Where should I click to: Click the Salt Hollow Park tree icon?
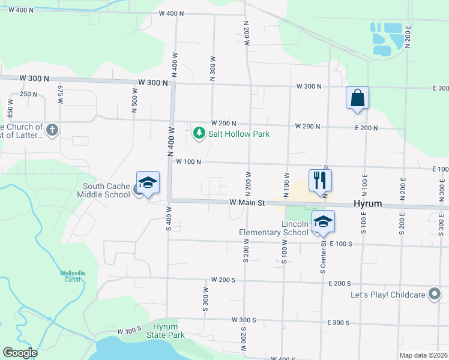coord(199,133)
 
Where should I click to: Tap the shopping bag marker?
coord(357,98)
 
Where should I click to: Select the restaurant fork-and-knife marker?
coord(320,179)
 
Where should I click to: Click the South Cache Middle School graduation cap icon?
coord(148,182)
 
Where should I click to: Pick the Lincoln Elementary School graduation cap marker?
coord(323,223)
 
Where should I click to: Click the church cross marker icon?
coord(52,130)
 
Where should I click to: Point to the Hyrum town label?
coord(367,204)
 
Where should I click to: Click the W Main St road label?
coord(247,203)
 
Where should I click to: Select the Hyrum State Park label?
coord(168,331)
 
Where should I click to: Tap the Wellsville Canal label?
coord(70,277)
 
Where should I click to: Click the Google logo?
coord(20,353)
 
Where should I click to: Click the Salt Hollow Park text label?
coord(239,134)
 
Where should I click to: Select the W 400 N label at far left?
coord(17,11)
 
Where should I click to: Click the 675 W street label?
coord(60,94)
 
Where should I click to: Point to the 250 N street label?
coord(28,94)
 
